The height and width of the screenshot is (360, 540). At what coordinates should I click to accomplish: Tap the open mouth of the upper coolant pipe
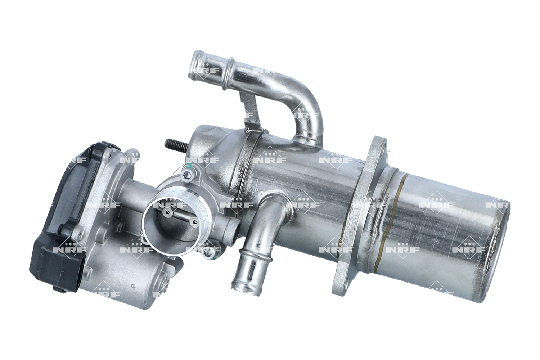tap(197, 65)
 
